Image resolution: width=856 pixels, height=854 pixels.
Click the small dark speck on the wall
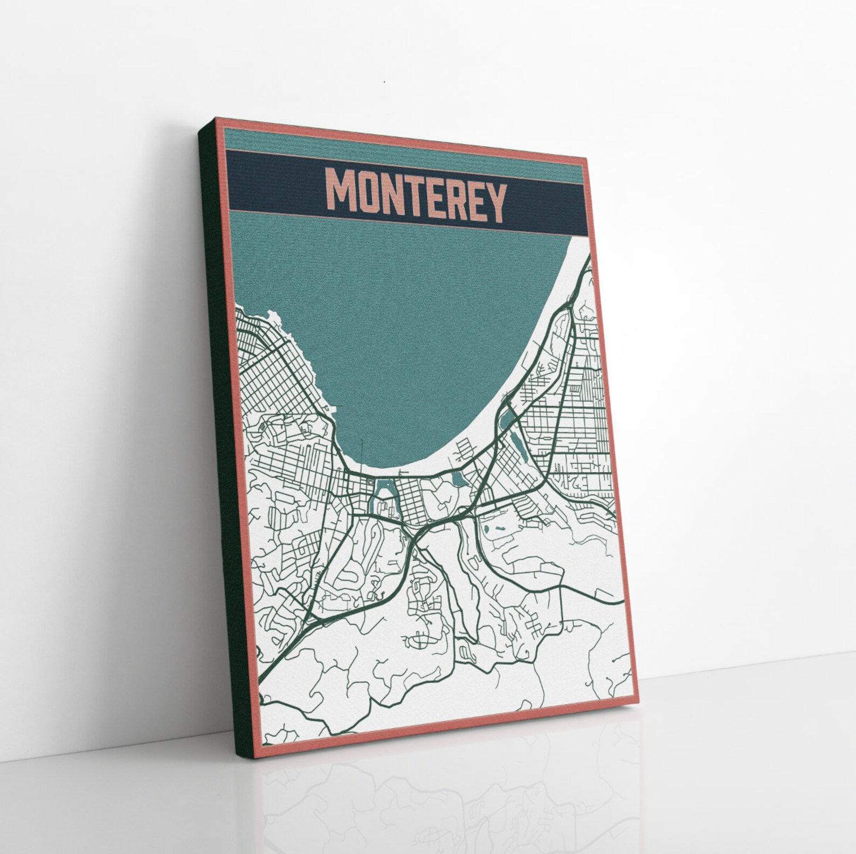[x=384, y=82]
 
